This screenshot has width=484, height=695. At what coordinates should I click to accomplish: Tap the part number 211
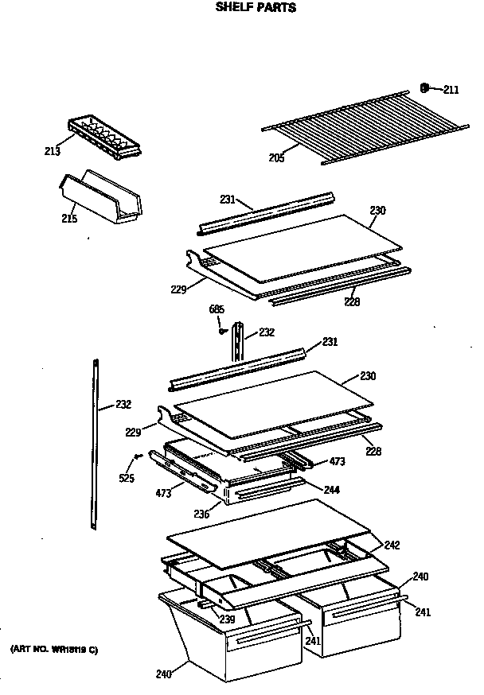click(451, 90)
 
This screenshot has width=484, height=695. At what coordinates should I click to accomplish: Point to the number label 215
click(69, 218)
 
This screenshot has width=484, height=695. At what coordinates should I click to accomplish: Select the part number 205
click(276, 157)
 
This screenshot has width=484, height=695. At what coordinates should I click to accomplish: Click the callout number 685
click(217, 309)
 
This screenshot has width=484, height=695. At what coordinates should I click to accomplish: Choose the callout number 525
click(127, 478)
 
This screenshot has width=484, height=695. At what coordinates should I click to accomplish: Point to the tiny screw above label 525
click(138, 456)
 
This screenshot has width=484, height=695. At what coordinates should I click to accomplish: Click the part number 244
click(331, 490)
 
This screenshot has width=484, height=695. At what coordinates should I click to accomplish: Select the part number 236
click(201, 514)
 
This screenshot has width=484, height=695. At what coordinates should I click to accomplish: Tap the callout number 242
click(392, 546)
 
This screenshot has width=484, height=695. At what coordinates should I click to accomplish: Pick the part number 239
click(227, 619)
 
